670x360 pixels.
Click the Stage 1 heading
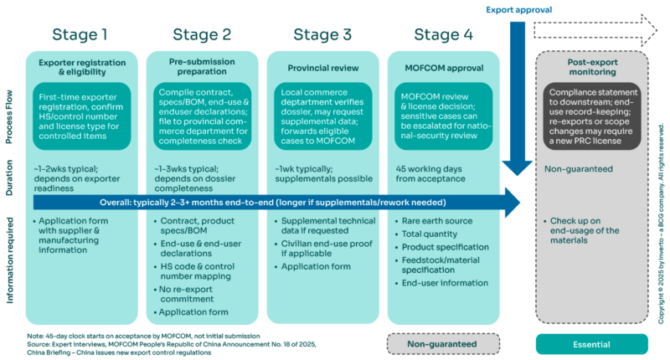[80, 34]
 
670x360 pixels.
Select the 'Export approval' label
[520, 10]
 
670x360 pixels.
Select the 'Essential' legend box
[592, 342]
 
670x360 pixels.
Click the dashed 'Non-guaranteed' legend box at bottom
[443, 342]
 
